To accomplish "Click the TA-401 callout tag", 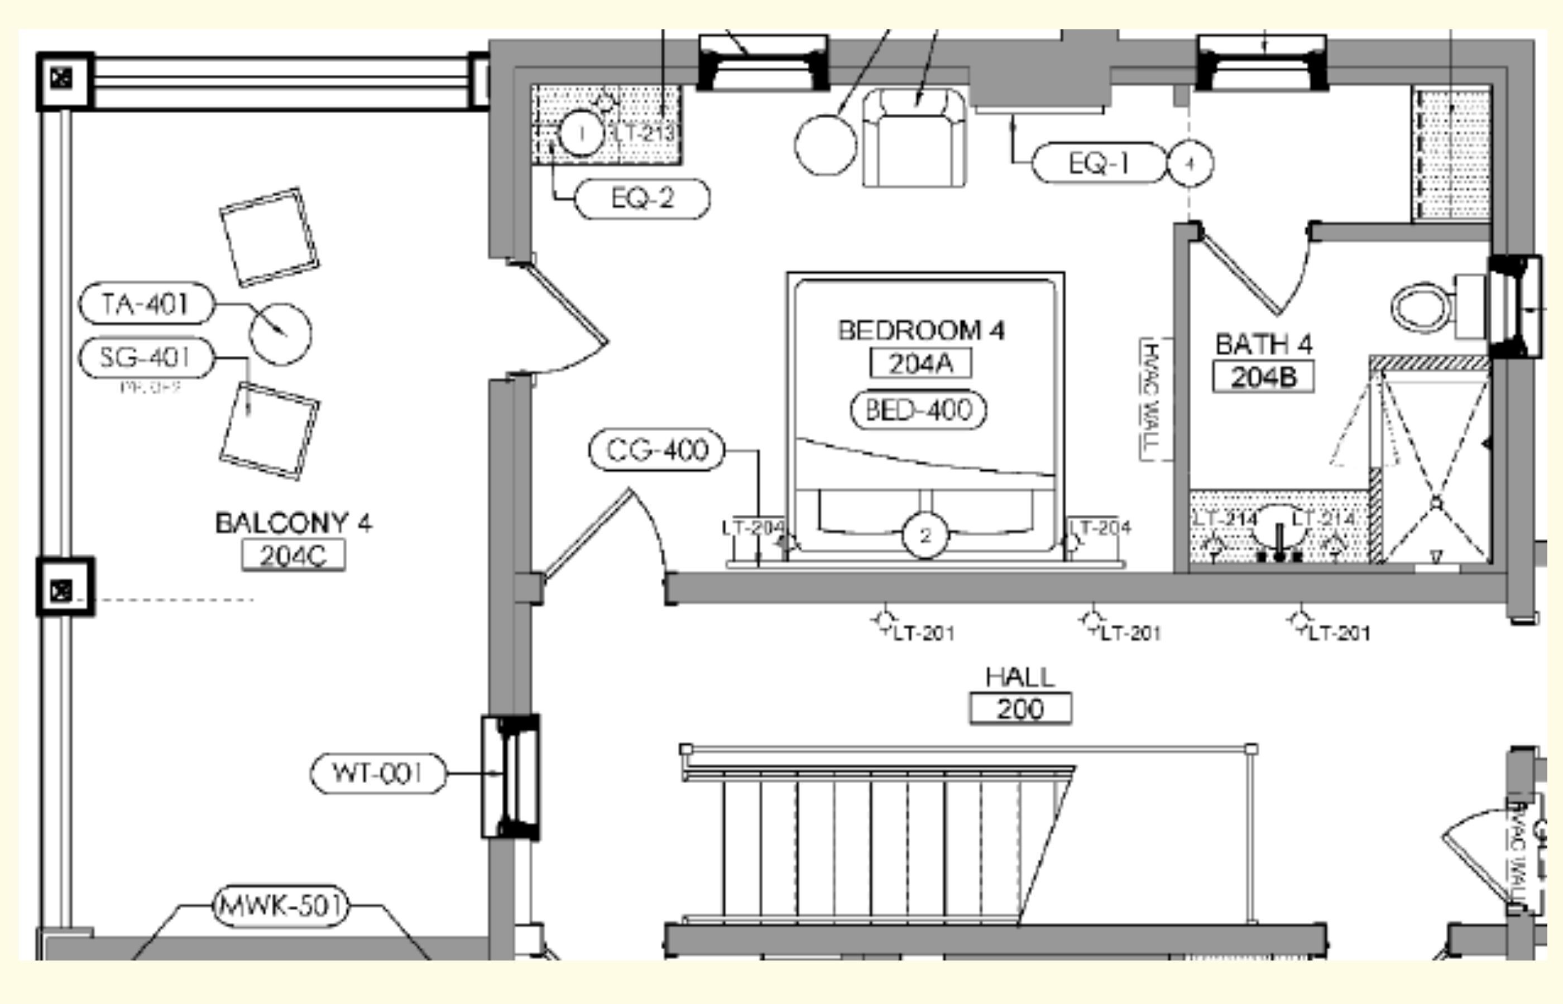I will pyautogui.click(x=146, y=304).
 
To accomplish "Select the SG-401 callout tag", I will pyautogui.click(x=146, y=358).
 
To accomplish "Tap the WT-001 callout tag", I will pyautogui.click(x=378, y=773).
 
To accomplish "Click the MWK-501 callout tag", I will pyautogui.click(x=281, y=906).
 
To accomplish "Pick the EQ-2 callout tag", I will pyautogui.click(x=643, y=198).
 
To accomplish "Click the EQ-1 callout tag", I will pyautogui.click(x=1099, y=163).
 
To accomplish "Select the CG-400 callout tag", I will pyautogui.click(x=657, y=450).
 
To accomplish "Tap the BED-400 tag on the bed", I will pyautogui.click(x=918, y=410).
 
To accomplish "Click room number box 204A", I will pyautogui.click(x=920, y=363).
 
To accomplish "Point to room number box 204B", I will pyautogui.click(x=1263, y=378).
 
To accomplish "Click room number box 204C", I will pyautogui.click(x=293, y=556).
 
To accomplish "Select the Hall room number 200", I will pyautogui.click(x=1020, y=709).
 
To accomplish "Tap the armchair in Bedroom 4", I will pyautogui.click(x=914, y=138).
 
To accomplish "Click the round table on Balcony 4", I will pyautogui.click(x=280, y=334).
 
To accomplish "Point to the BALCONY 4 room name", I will pyautogui.click(x=293, y=523).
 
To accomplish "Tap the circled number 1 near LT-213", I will pyautogui.click(x=581, y=133).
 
